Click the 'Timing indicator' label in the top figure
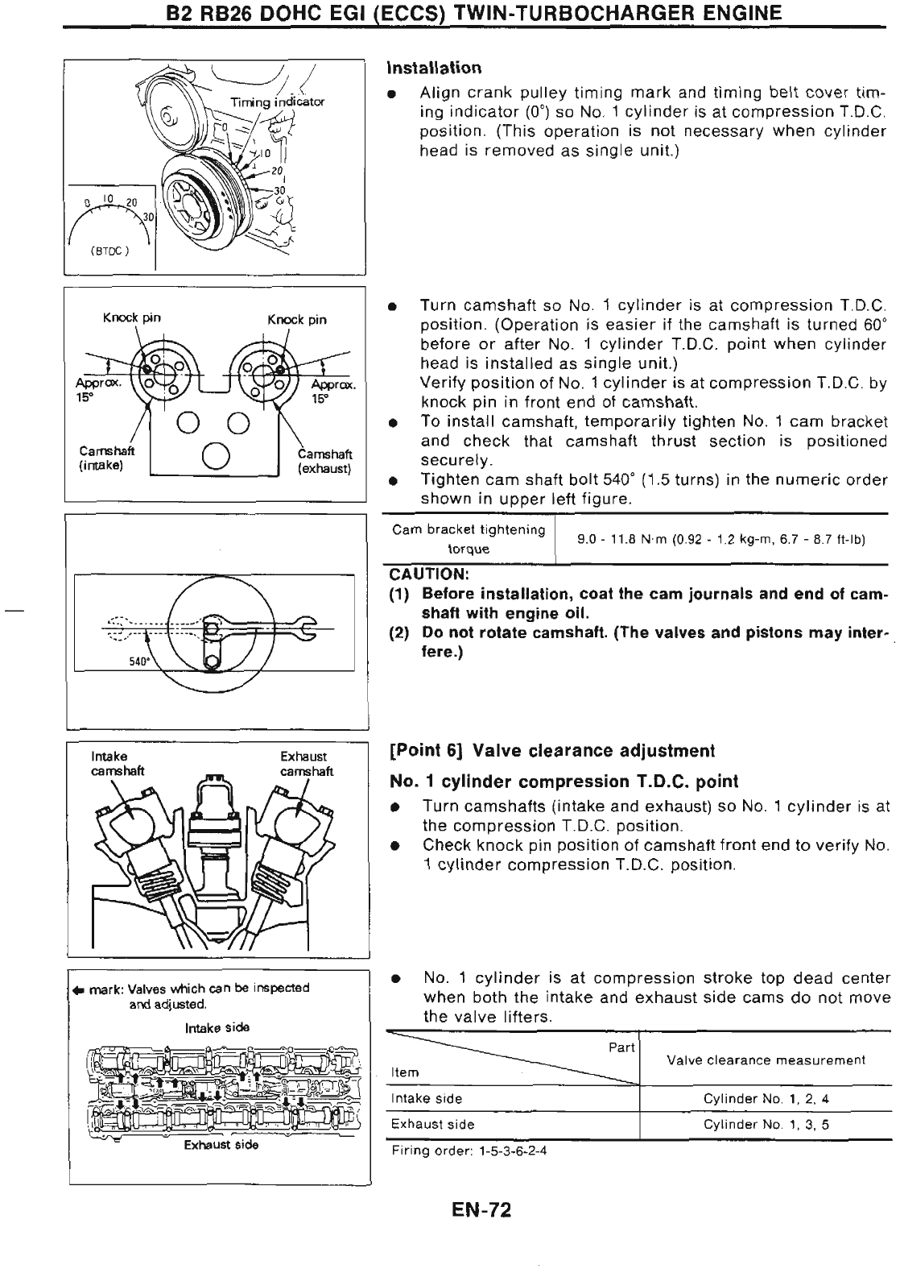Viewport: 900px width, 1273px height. coord(277,102)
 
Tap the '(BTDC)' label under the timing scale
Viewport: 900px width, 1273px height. coord(104,250)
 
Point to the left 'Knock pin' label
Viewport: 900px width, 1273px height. coord(131,317)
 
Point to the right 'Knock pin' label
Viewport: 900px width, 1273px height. coord(296,319)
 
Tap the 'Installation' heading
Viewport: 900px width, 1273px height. coord(434,67)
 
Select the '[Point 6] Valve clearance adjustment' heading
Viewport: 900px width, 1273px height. coord(551,751)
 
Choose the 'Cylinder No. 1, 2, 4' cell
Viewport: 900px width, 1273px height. coord(766,1099)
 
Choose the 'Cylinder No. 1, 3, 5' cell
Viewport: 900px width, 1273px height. coord(766,1125)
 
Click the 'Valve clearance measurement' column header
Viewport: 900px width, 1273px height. coord(766,1060)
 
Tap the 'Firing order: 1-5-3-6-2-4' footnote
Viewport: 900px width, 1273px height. coord(469,1151)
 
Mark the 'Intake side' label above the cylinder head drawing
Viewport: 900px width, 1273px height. coord(217,1027)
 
